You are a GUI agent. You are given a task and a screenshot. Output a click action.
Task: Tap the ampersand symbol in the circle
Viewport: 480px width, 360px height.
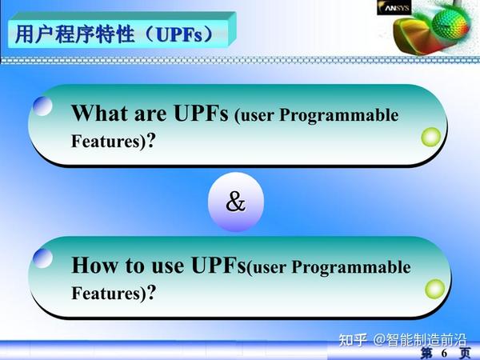pyautogui.click(x=235, y=202)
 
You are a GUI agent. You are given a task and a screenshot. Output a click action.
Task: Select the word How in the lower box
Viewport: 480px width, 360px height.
pyautogui.click(x=93, y=264)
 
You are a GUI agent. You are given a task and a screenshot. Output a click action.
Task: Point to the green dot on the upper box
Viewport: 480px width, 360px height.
pyautogui.click(x=431, y=137)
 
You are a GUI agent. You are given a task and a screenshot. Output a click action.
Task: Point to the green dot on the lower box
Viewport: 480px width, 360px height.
pyautogui.click(x=434, y=288)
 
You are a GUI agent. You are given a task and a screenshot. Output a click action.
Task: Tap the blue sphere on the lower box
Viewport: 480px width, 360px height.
pyautogui.click(x=43, y=258)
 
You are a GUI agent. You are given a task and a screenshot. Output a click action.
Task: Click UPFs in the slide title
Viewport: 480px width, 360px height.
pyautogui.click(x=186, y=35)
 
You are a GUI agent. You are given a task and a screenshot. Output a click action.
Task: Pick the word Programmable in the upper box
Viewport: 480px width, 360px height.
pyautogui.click(x=349, y=116)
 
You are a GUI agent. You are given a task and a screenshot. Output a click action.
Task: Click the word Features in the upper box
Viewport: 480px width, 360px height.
pyautogui.click(x=101, y=142)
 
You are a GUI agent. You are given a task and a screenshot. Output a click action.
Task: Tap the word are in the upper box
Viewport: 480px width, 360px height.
pyautogui.click(x=150, y=114)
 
